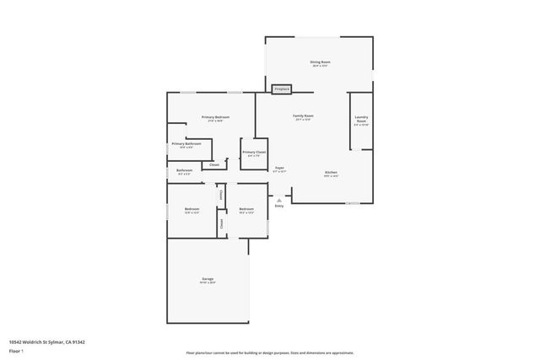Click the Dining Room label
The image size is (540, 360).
pyautogui.click(x=320, y=62)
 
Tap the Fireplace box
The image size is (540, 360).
pyautogui.click(x=282, y=89)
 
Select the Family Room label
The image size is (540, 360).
pyautogui.click(x=303, y=116)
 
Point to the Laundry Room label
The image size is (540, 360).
pyautogui.click(x=361, y=120)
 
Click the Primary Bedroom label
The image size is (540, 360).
pyautogui.click(x=215, y=116)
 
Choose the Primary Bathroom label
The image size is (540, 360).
pyautogui.click(x=186, y=143)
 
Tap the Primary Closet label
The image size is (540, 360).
pyautogui.click(x=254, y=152)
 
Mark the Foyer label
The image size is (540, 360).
pyautogui.click(x=279, y=168)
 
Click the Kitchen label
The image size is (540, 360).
pyautogui.click(x=332, y=172)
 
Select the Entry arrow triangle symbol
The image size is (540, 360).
pyautogui.click(x=279, y=200)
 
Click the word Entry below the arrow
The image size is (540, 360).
pyautogui.click(x=279, y=206)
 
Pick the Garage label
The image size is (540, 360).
pyautogui.click(x=207, y=279)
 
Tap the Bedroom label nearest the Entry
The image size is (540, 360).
pyautogui.click(x=246, y=208)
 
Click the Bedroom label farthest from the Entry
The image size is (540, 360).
pyautogui.click(x=192, y=208)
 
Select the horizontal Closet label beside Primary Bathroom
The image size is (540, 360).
pyautogui.click(x=215, y=164)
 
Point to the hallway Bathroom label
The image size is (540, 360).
pyautogui.click(x=185, y=170)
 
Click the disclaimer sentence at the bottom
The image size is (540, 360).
pyautogui.click(x=269, y=352)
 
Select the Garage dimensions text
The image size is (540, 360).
pyautogui.click(x=207, y=282)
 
